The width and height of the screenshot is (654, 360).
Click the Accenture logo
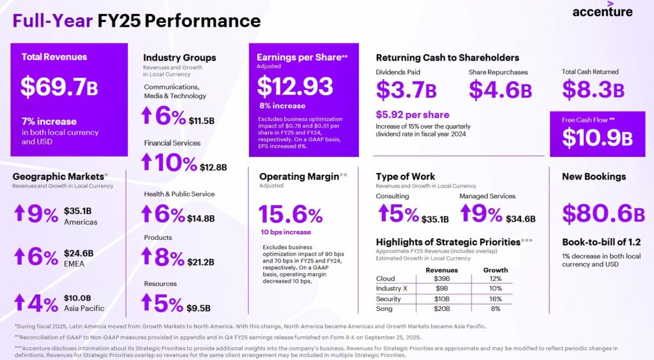pos(602,11)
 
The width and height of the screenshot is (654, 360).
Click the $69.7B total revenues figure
pos(59,87)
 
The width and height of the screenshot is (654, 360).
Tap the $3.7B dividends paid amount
pos(406,90)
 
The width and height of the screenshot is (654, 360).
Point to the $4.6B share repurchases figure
pos(500,90)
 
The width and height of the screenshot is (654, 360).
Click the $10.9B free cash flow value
pos(597,137)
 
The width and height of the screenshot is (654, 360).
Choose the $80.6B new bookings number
pos(603,214)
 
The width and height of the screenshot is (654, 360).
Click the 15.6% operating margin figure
pos(291,214)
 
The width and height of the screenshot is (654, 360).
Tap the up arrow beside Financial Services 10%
pos(147,162)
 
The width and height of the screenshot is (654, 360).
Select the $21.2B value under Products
pos(201,262)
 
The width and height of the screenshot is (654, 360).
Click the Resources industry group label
pos(160,283)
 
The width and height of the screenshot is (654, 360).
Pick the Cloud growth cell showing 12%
pos(495,278)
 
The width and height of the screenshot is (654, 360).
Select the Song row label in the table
pos(384,309)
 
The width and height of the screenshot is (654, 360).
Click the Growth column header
pos(495,269)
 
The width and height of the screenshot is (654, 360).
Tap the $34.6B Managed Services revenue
pos(520,219)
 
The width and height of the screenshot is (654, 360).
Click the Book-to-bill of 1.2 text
pos(601,242)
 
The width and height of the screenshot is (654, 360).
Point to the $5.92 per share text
pos(412,115)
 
